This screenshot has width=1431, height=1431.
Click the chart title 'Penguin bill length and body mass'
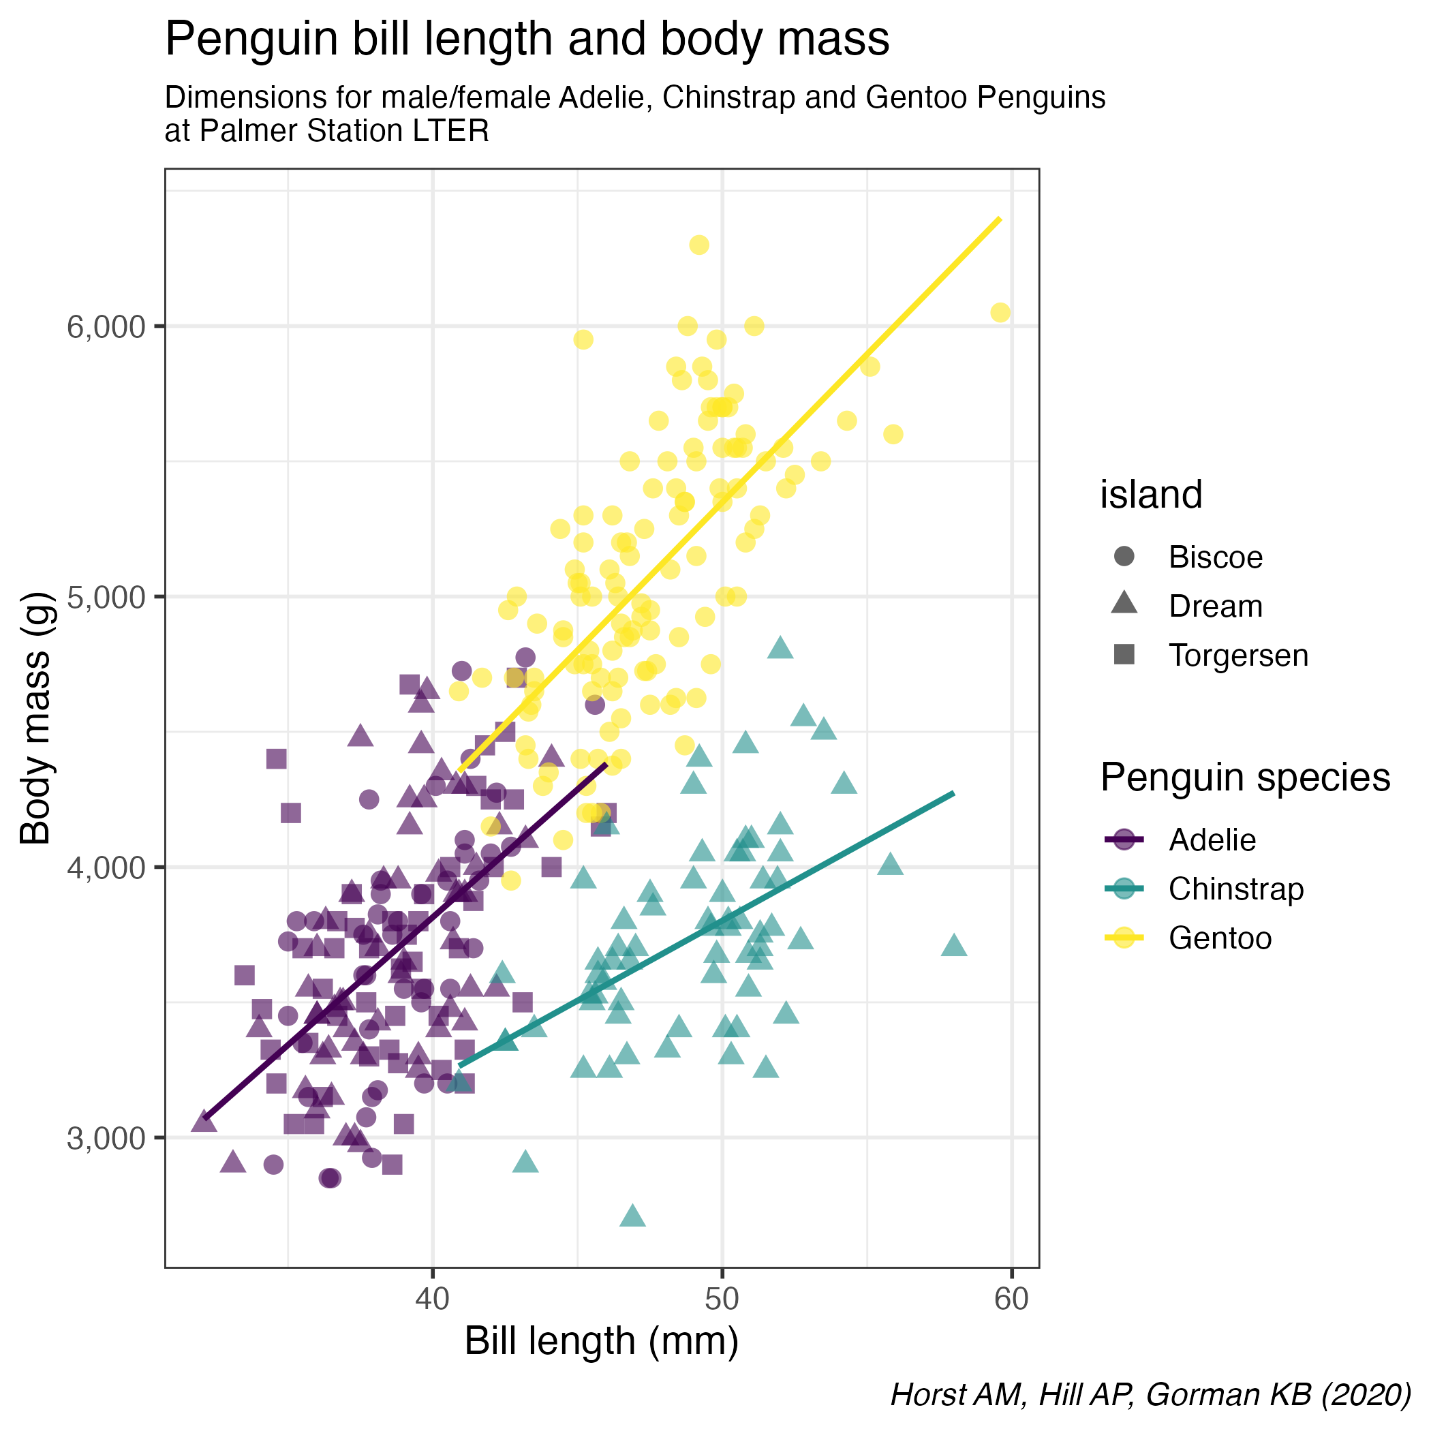[527, 40]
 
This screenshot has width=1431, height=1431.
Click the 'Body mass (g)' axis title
[35, 718]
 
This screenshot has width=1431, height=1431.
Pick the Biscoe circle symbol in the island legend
[1124, 557]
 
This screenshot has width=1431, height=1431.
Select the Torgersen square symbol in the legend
[1124, 655]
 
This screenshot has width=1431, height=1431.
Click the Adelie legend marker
[1124, 840]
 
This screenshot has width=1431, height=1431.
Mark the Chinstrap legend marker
[1124, 889]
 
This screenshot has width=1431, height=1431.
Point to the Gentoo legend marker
[1124, 938]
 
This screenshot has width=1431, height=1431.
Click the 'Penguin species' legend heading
[1245, 778]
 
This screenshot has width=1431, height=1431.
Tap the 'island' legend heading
[1150, 495]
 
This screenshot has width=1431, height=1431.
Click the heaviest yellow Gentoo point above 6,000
[698, 245]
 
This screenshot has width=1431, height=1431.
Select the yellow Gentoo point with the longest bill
[1000, 313]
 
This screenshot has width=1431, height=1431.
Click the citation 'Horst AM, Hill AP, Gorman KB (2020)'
[1150, 1394]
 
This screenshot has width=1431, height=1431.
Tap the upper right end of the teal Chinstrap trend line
[953, 793]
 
